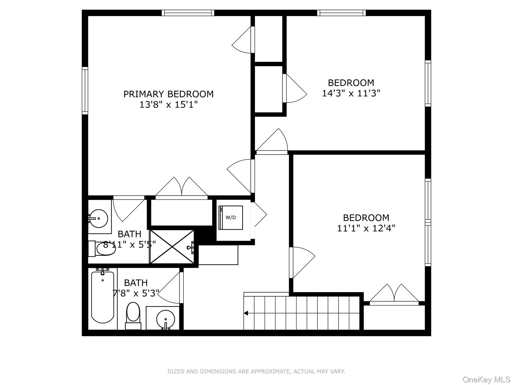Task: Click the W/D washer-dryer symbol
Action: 231,218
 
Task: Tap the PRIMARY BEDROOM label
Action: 168,94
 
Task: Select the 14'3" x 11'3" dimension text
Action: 351,93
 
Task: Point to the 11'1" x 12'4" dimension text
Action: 366,228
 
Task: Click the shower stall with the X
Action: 172,247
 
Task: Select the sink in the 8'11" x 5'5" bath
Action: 98,218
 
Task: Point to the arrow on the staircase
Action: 247,313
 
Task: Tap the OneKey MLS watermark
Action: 486,380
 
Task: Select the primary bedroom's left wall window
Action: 85,90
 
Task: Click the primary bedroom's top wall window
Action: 188,13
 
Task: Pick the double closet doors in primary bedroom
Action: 181,188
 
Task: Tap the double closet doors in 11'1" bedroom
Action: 394,294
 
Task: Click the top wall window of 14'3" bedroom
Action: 341,13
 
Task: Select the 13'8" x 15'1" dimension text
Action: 168,105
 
